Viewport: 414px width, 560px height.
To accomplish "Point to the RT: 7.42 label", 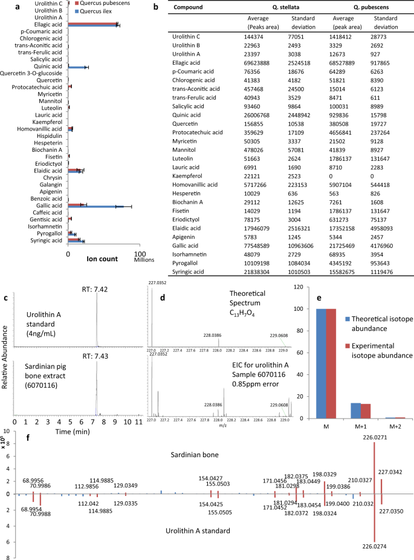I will point(95,290).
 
